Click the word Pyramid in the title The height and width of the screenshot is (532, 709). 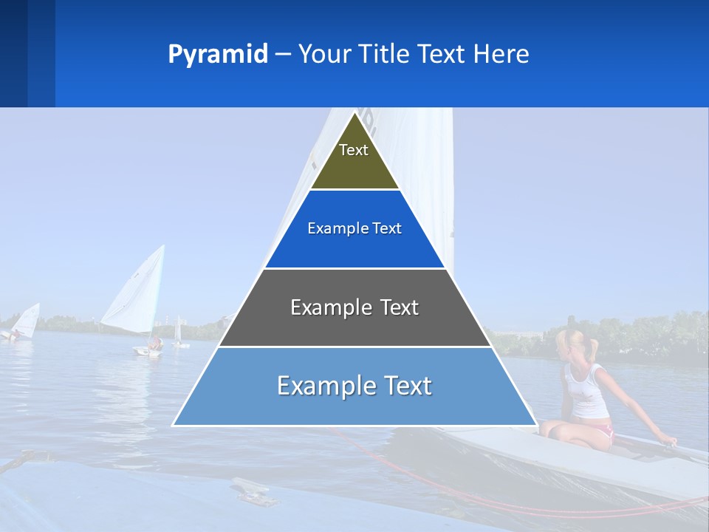point(217,55)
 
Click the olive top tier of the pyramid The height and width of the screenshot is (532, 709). point(354,166)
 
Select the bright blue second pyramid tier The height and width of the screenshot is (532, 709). point(354,248)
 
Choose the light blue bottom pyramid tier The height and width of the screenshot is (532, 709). point(354,406)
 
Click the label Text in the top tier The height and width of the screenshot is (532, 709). point(354,150)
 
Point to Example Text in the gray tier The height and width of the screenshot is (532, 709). point(354,307)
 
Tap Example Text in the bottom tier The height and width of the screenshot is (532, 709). point(354,386)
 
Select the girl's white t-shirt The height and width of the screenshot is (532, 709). point(586,392)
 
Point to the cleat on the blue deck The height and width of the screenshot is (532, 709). point(254,491)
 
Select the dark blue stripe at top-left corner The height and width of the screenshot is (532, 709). point(13,53)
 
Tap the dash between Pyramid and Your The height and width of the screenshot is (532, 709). point(282,55)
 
